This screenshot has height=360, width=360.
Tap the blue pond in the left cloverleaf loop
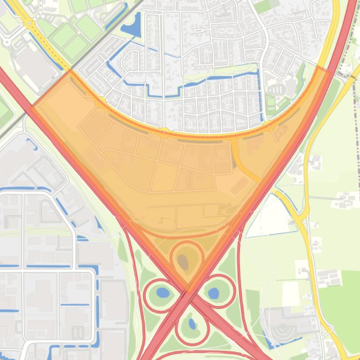tap(163, 293)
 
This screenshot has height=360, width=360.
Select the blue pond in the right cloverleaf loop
tap(213, 293)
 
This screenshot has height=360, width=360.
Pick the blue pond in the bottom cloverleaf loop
tap(192, 324)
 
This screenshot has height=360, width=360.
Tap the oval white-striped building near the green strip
tap(277, 89)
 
